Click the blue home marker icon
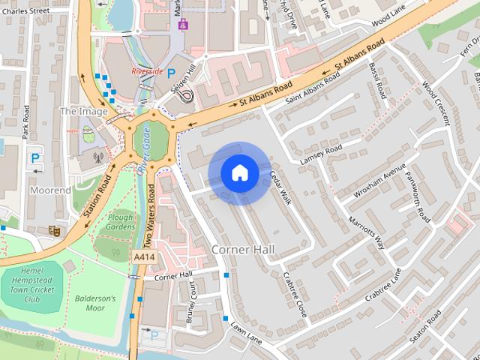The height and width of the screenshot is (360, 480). (239, 172)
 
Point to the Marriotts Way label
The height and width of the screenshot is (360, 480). (366, 233)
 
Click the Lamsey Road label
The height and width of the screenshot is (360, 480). (320, 153)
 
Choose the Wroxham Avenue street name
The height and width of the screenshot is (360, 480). (378, 179)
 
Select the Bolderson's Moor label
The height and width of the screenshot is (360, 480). (95, 303)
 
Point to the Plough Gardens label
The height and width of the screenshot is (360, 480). (120, 220)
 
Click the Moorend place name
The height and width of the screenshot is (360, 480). (50, 190)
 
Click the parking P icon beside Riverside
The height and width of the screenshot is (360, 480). (172, 73)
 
